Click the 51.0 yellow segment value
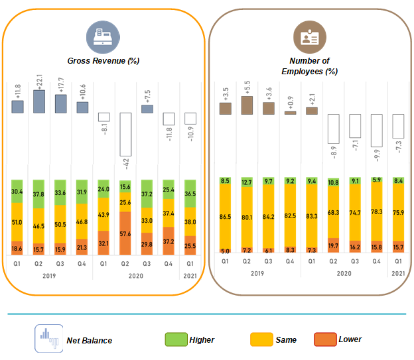tap(17, 222)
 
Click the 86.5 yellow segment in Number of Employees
tap(226, 217)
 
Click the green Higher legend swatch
tap(174, 339)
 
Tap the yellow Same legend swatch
tap(259, 339)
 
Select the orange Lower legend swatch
tap(326, 339)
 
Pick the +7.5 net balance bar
tap(147, 109)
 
